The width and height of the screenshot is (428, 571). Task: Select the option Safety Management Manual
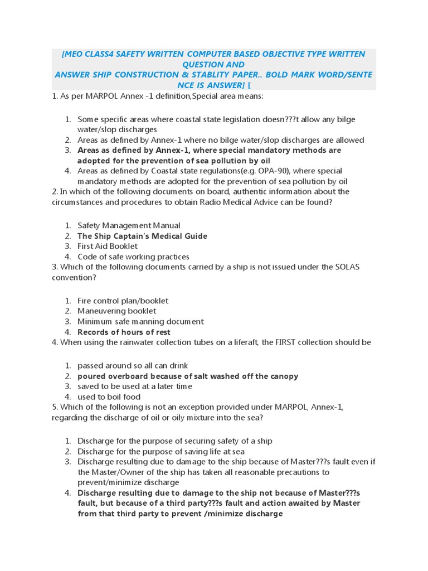(x=129, y=225)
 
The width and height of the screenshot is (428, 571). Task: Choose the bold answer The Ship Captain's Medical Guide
(x=142, y=236)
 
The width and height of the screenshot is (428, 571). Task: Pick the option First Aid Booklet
(x=108, y=246)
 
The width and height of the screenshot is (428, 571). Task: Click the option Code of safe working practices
(x=133, y=257)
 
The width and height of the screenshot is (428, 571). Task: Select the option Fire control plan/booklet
(x=123, y=301)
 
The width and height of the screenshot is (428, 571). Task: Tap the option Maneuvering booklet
(x=117, y=311)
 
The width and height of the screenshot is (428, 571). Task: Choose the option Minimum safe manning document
(x=140, y=321)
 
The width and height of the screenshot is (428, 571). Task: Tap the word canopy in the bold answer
(x=284, y=376)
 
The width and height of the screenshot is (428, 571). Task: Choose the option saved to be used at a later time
(x=134, y=386)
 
